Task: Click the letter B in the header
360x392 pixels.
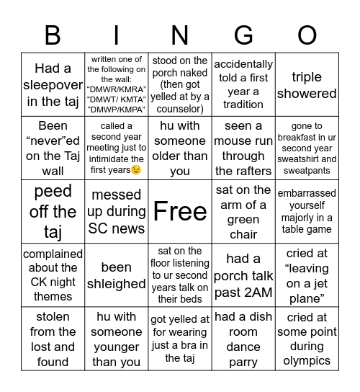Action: (x=53, y=35)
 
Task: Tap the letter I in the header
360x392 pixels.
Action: (x=117, y=35)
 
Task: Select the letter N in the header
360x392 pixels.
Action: (x=179, y=35)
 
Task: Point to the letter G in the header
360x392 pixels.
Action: (x=243, y=35)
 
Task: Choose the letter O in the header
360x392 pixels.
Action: (x=307, y=35)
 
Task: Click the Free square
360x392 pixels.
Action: (x=180, y=211)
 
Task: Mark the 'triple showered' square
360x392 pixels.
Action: (x=307, y=85)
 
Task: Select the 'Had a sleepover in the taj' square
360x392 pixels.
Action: (x=53, y=85)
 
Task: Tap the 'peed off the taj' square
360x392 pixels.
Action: (x=53, y=211)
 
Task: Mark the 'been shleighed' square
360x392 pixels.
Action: (x=117, y=275)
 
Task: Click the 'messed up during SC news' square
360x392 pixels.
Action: (x=117, y=211)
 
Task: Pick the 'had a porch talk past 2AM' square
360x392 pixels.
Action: (x=243, y=275)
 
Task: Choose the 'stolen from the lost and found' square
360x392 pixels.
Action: (x=53, y=339)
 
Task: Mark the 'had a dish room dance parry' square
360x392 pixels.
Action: (x=243, y=339)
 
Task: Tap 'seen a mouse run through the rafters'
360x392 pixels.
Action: (x=243, y=148)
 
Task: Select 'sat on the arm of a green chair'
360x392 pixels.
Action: (x=243, y=211)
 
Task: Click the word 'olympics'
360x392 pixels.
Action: (x=307, y=360)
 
